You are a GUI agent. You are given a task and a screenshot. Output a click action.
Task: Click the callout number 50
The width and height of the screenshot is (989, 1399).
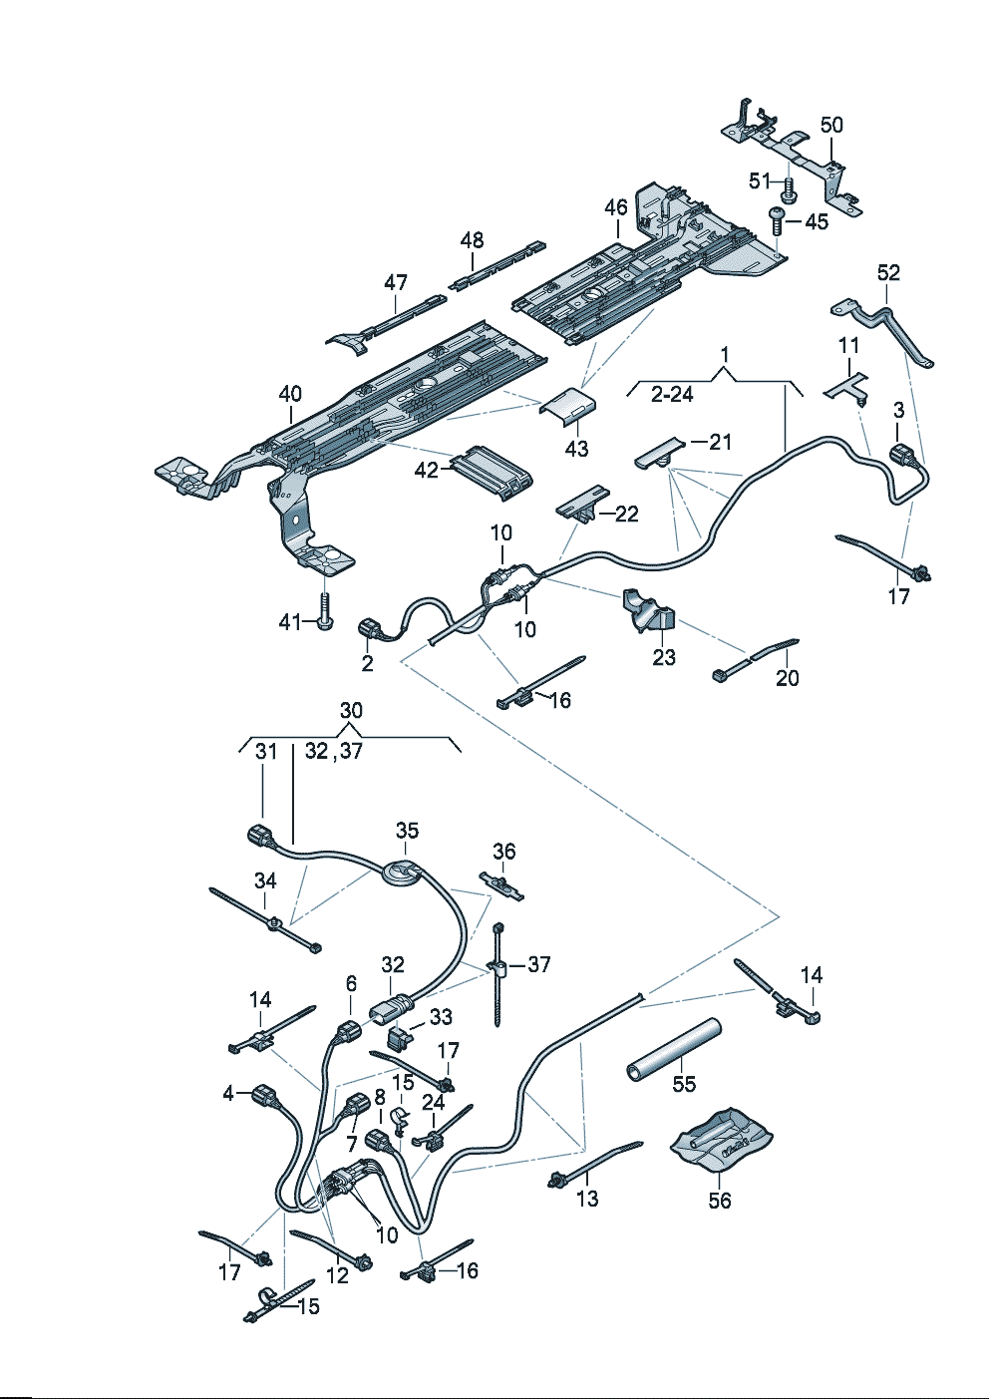pyautogui.click(x=831, y=125)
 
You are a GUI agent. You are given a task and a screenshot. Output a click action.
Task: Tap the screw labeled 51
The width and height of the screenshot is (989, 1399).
pyautogui.click(x=789, y=189)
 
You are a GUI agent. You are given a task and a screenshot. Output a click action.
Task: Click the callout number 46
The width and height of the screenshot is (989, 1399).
pyautogui.click(x=615, y=208)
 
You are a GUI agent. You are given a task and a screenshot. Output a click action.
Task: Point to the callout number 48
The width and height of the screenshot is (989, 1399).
pyautogui.click(x=472, y=239)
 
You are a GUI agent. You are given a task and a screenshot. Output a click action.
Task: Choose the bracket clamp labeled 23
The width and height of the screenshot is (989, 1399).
pyautogui.click(x=648, y=609)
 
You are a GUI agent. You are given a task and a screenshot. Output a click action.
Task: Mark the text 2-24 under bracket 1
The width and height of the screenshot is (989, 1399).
pyautogui.click(x=672, y=395)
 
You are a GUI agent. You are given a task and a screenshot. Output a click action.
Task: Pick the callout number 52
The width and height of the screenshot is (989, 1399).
pyautogui.click(x=889, y=272)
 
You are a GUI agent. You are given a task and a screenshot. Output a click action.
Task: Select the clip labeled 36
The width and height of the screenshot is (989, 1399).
pyautogui.click(x=502, y=886)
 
